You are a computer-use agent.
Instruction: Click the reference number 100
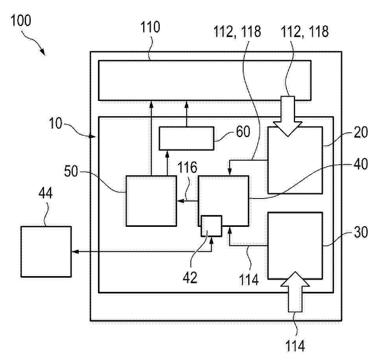[21, 20]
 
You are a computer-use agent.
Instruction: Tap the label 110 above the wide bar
[150, 27]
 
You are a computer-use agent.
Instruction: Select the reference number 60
[243, 132]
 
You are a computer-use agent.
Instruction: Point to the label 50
[71, 171]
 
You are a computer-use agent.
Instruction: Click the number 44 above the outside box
[46, 193]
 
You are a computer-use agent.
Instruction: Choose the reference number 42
[190, 277]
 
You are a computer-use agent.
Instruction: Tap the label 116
[187, 167]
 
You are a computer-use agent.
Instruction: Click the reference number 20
[361, 132]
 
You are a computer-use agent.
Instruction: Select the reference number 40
[361, 164]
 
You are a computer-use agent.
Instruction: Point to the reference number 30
[361, 232]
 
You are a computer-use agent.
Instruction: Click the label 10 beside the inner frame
[55, 123]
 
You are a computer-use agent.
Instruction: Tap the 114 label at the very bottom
[295, 346]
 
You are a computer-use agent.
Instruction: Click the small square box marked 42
[212, 226]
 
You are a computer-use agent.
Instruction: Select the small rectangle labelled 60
[186, 138]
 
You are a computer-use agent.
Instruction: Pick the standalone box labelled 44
[46, 252]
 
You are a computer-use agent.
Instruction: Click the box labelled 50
[151, 201]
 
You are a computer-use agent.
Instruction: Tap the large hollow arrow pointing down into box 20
[288, 116]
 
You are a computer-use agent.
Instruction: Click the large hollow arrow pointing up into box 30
[295, 292]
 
